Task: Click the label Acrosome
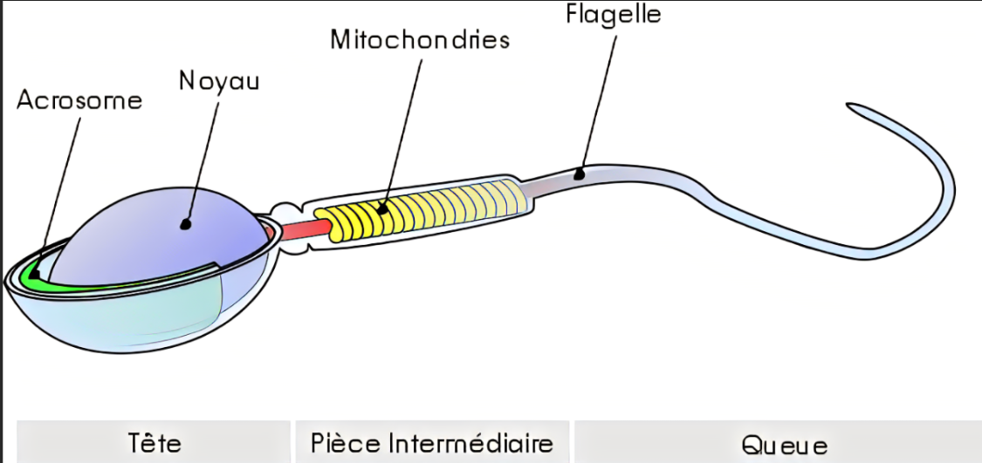click(x=79, y=99)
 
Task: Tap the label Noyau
click(x=219, y=80)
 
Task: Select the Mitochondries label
click(x=419, y=40)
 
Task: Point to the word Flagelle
click(x=614, y=15)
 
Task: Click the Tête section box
click(x=154, y=442)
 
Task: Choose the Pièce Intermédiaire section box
click(x=432, y=442)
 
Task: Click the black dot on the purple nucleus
click(x=186, y=223)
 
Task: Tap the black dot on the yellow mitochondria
click(x=381, y=208)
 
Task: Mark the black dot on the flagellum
click(x=578, y=174)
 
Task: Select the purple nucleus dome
click(x=157, y=235)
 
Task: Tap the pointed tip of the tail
click(x=848, y=106)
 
